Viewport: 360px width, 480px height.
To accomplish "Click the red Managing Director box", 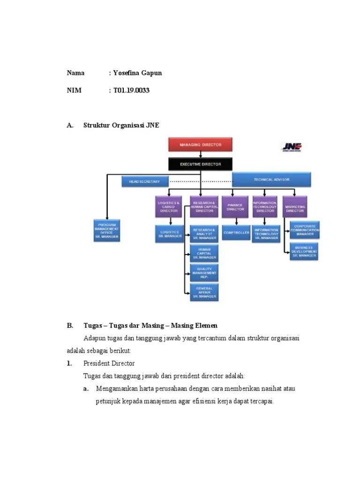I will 201,145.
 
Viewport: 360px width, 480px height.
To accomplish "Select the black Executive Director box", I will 201,165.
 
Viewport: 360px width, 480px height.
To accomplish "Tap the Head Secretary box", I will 144,181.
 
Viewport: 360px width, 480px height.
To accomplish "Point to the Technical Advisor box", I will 271,180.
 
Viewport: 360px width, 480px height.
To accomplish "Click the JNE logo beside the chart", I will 291,147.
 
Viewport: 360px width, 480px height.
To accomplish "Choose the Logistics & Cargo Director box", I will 169,207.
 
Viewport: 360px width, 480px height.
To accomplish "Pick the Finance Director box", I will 235,207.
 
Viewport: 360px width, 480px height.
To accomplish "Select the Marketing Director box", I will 295,207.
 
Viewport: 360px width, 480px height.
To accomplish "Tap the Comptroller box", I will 236,232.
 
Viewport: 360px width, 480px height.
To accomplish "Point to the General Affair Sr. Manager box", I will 204,292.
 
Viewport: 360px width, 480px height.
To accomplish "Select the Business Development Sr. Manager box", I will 304,252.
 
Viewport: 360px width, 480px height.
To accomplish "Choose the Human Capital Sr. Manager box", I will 204,253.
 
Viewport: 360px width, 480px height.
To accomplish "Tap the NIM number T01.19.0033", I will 131,90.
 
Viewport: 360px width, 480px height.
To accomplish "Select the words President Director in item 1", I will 109,363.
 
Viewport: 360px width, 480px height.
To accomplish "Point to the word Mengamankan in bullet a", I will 117,389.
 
